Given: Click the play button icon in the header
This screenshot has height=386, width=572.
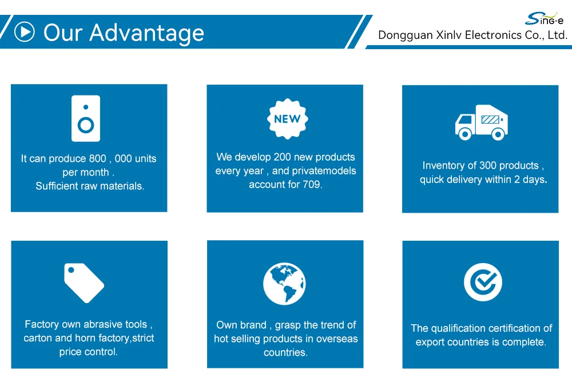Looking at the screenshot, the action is click(x=25, y=32).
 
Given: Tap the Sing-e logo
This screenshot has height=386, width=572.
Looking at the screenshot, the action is click(x=544, y=19).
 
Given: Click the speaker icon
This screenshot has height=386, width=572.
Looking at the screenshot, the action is click(x=86, y=118).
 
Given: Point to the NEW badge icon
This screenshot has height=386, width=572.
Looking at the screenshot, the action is click(x=288, y=119).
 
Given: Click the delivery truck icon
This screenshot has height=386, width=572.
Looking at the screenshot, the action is click(x=482, y=122).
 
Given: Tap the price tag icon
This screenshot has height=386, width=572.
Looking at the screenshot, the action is click(x=84, y=282).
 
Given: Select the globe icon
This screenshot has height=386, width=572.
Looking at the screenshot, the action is click(x=284, y=284).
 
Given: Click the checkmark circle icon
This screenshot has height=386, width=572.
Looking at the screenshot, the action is click(x=483, y=282).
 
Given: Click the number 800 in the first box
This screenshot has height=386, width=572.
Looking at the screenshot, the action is click(x=97, y=159).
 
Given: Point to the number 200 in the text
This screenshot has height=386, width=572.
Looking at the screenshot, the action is click(x=283, y=157).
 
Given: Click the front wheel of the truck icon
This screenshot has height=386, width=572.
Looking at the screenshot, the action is click(x=464, y=134).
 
